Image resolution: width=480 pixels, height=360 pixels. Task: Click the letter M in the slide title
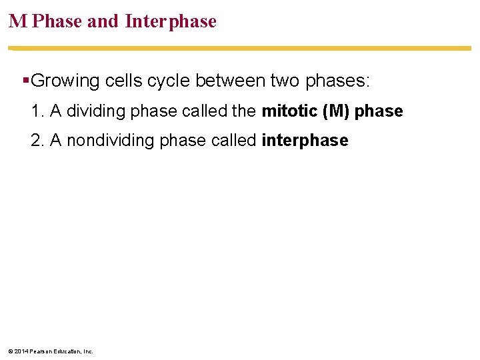coord(18,21)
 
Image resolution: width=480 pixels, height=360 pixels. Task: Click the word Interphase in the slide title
coord(171,21)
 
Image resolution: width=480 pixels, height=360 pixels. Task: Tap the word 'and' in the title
coord(103,21)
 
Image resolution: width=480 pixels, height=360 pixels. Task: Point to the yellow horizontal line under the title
coord(240,48)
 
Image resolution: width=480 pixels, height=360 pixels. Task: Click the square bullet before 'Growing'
coord(25,81)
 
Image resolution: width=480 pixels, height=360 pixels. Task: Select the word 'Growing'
coord(65,81)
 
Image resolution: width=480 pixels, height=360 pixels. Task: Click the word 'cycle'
coord(169,81)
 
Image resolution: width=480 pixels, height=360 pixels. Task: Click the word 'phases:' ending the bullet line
coord(337,81)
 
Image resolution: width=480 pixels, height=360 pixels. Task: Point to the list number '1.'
coord(37,111)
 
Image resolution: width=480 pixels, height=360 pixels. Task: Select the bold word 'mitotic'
coord(289,111)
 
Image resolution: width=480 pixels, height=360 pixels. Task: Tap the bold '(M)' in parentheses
coord(335,111)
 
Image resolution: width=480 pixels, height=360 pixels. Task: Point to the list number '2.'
coord(37,140)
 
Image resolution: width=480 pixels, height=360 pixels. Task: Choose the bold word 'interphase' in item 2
coord(305,140)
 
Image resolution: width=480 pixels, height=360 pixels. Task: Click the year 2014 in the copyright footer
coord(21,351)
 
